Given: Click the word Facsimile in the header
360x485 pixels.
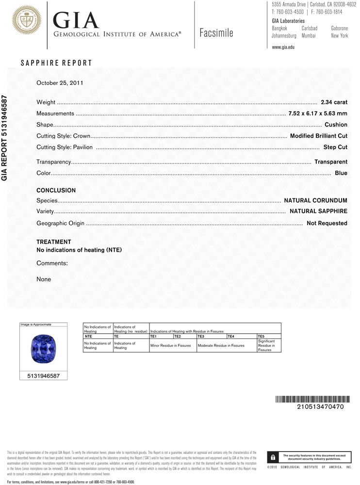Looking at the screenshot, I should pos(216,33).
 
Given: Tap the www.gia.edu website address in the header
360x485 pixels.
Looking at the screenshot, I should pos(283,47).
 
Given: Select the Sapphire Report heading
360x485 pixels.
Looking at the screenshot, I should pos(56,63).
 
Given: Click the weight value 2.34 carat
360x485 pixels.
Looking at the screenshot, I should pos(334,102).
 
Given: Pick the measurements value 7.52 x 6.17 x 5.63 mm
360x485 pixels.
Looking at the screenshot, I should pos(318,113).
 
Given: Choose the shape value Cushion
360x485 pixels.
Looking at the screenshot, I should pos(336,125).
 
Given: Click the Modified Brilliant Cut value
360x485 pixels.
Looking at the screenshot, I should pos(318,136).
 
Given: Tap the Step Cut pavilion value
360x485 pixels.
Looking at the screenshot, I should pos(335,147).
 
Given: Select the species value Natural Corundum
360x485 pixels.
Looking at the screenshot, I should pos(315,200).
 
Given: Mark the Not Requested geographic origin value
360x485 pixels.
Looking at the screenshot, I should pos(327,223).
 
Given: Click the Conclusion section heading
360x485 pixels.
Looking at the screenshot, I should pos(56,191).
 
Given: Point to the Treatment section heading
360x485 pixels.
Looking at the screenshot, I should pos(54,242).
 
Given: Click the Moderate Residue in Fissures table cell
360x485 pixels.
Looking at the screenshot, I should pos(221,346).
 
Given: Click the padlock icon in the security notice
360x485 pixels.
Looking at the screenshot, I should pos(273,457).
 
